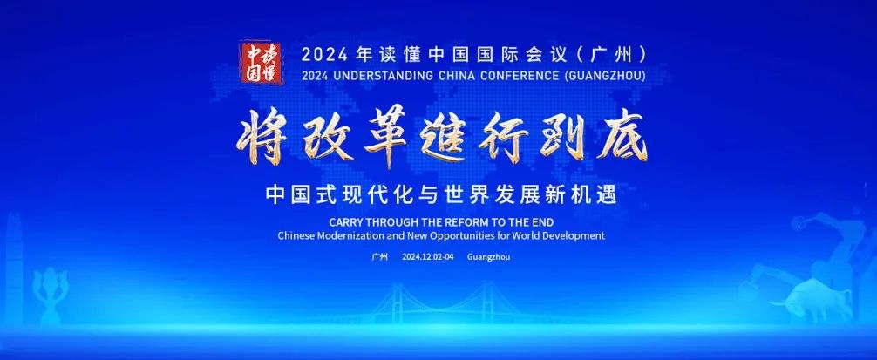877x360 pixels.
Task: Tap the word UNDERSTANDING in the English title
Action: (x=380, y=76)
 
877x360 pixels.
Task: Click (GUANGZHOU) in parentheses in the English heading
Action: (x=602, y=76)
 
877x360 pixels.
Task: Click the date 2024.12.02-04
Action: (x=428, y=257)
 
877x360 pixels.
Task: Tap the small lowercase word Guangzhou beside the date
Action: (x=488, y=257)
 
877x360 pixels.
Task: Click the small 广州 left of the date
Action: (x=380, y=257)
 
